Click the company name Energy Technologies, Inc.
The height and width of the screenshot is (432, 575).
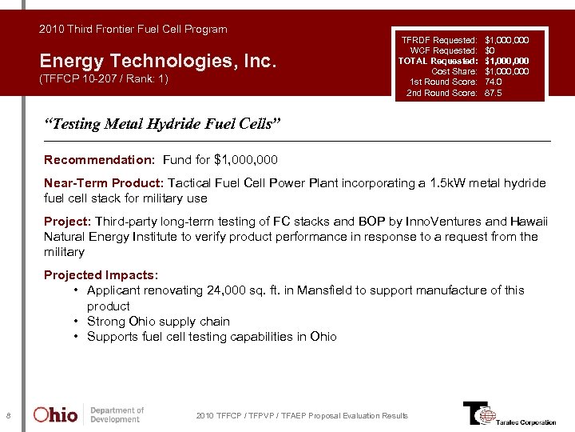coord(157,61)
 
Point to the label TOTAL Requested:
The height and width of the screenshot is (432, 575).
coord(438,61)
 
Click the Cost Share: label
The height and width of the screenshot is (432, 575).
coord(454,71)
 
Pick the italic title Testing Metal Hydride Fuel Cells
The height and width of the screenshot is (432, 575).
coord(163,124)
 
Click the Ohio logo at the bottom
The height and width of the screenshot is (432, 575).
coord(55,415)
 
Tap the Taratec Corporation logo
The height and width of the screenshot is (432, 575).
coord(509,414)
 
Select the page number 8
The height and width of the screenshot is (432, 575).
coord(8,415)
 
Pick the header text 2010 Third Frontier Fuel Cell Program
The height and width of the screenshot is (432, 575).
coord(133,29)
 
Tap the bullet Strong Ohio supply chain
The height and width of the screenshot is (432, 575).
coord(158,322)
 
